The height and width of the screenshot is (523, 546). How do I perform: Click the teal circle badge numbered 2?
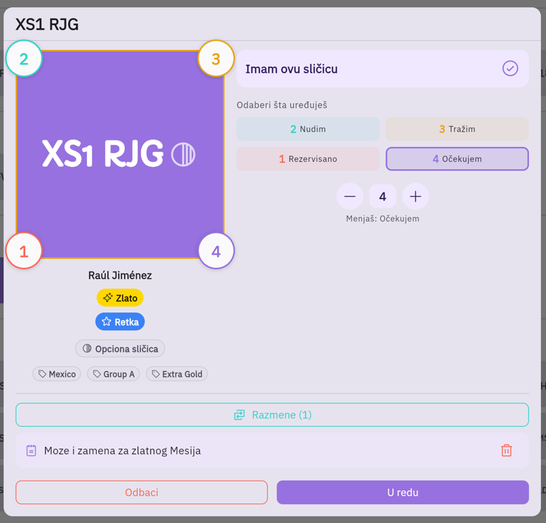pyautogui.click(x=24, y=59)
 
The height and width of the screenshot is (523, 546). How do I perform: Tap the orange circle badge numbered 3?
pyautogui.click(x=216, y=59)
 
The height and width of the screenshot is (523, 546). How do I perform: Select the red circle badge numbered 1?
pyautogui.click(x=24, y=251)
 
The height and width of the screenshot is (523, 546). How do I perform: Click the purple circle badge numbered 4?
pyautogui.click(x=216, y=251)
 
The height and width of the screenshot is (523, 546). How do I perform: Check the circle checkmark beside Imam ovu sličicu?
pyautogui.click(x=510, y=68)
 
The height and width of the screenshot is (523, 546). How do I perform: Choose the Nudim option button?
pyautogui.click(x=308, y=129)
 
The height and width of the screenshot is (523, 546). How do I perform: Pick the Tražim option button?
pyautogui.click(x=457, y=129)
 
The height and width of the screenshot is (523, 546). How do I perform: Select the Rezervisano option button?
pyautogui.click(x=308, y=159)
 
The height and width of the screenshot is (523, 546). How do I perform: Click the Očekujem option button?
pyautogui.click(x=457, y=159)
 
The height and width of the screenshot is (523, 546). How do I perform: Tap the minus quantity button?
pyautogui.click(x=350, y=196)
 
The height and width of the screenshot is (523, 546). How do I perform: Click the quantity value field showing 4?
pyautogui.click(x=383, y=196)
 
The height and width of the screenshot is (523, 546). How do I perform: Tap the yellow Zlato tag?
pyautogui.click(x=120, y=298)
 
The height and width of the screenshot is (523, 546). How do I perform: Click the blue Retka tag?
pyautogui.click(x=120, y=322)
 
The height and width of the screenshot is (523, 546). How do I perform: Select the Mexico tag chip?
pyautogui.click(x=57, y=374)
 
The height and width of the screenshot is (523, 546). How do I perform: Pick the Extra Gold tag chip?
pyautogui.click(x=177, y=374)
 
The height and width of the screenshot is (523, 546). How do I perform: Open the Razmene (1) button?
pyautogui.click(x=272, y=415)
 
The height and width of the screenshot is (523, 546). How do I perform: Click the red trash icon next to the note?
pyautogui.click(x=507, y=450)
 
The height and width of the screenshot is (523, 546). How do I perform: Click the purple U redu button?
pyautogui.click(x=403, y=492)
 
